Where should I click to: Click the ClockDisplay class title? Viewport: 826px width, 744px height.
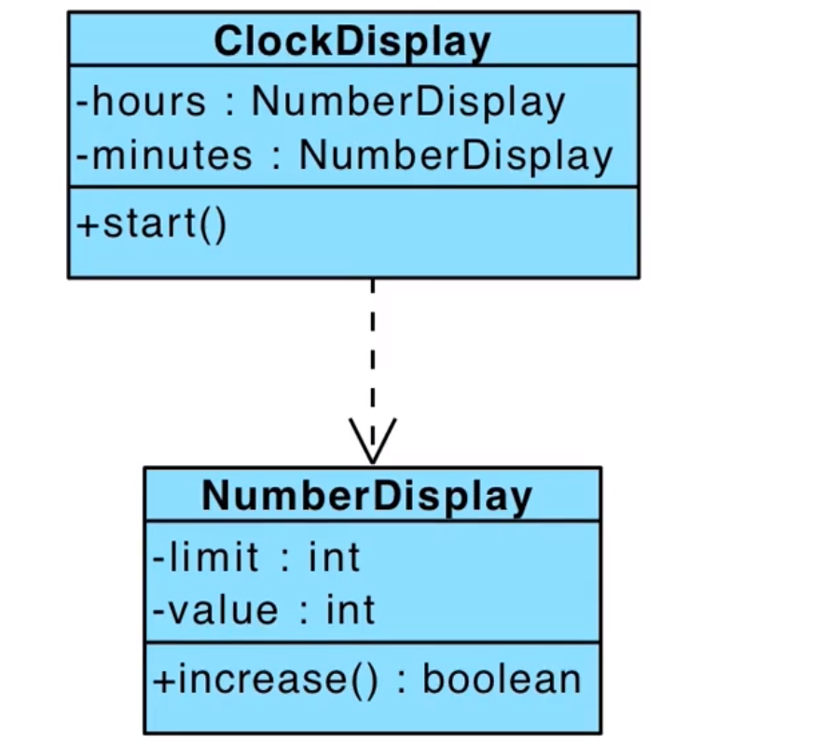(x=352, y=42)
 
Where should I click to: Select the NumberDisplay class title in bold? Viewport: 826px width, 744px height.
(x=366, y=496)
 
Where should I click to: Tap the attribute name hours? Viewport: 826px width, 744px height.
(x=148, y=102)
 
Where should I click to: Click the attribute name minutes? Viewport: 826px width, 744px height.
(x=172, y=155)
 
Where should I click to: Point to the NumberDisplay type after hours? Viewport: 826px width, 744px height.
(x=408, y=103)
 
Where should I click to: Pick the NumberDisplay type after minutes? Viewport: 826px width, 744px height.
(x=456, y=157)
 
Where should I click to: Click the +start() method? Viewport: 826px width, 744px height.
(x=152, y=225)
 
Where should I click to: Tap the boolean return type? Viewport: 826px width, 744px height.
(x=502, y=679)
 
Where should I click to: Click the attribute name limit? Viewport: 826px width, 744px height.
(x=213, y=557)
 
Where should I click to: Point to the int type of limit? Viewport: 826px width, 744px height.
(x=334, y=557)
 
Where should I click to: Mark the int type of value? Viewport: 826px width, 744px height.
(x=351, y=610)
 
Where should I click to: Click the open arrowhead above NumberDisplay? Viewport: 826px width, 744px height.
(x=372, y=442)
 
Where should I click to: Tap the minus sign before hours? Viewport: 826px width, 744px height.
(x=82, y=103)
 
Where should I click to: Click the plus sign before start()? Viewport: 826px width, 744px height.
(x=88, y=226)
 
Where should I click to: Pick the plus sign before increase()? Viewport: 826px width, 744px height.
(x=163, y=681)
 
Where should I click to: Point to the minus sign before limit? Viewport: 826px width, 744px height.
(x=158, y=558)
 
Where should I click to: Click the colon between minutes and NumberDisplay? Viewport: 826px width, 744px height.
(x=276, y=158)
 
